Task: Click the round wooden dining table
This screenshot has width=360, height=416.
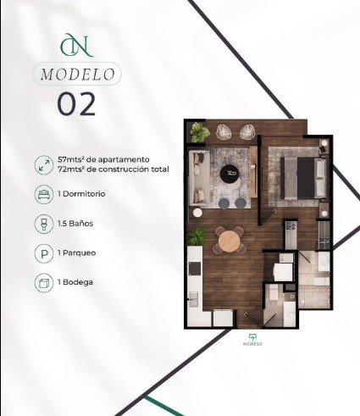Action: point(229,241)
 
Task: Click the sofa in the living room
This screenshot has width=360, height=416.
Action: point(198,177)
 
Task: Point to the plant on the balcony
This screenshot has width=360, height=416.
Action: point(199,132)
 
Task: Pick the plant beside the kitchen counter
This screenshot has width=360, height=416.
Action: point(197,236)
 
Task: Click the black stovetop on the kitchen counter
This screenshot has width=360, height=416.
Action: point(195,269)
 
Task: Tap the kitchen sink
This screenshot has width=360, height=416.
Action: point(194,299)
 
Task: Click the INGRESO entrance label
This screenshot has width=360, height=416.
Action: point(252,344)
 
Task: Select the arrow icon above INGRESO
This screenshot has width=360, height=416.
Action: point(252,337)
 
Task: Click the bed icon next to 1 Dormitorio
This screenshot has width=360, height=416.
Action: point(44,194)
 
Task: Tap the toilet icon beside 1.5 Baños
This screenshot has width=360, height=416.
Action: point(44,224)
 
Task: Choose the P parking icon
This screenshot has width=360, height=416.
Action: point(44,253)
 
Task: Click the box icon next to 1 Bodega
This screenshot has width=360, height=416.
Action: point(44,283)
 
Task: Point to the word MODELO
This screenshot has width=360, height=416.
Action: point(78,75)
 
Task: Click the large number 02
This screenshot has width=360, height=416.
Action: point(76,104)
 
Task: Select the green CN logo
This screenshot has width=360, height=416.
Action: point(77,45)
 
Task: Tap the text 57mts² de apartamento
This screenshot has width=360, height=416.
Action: point(103,159)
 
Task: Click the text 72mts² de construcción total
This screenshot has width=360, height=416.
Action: point(114,169)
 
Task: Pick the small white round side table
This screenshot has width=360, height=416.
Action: point(197,213)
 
